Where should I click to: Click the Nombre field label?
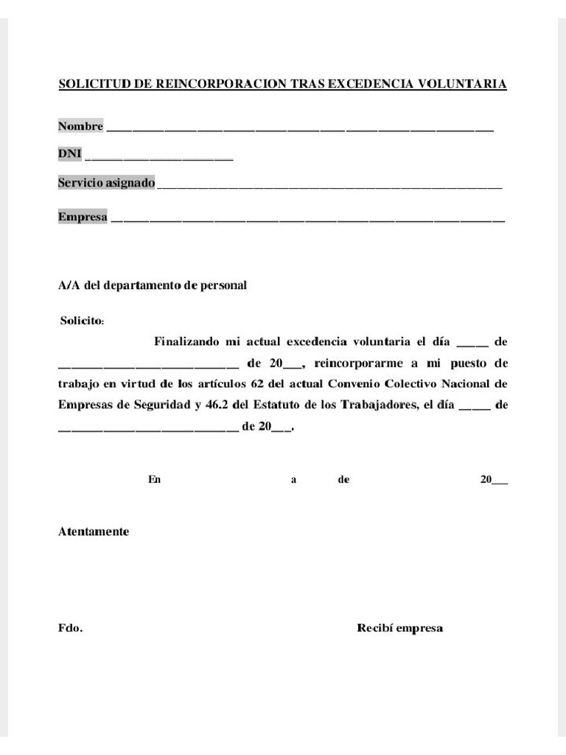80,126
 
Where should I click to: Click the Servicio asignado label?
106,182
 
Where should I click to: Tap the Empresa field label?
83,217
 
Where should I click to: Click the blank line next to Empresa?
307,219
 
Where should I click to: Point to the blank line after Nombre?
300,128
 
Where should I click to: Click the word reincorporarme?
357,363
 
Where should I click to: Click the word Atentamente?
94,532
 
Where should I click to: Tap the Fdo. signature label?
71,629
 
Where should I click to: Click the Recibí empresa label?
399,629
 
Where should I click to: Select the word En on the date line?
154,479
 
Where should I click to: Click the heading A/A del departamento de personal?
152,286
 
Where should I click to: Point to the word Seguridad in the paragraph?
157,405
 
